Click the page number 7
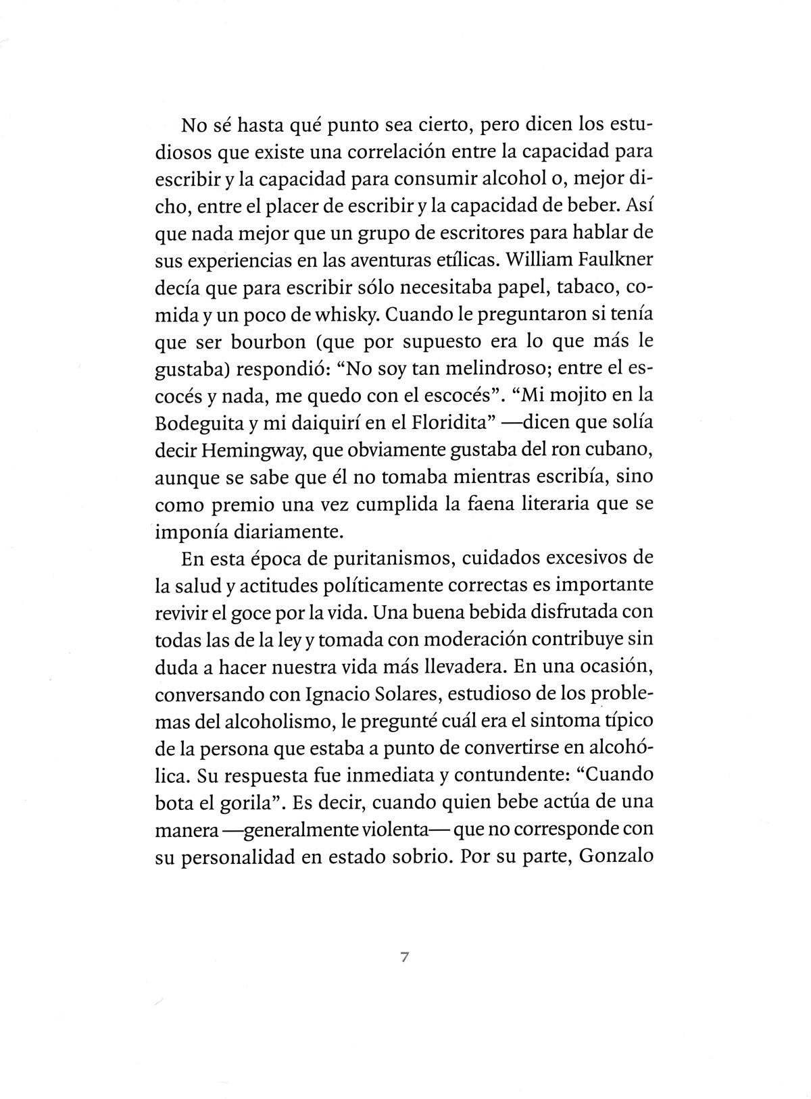click(405, 957)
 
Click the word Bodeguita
click(197, 424)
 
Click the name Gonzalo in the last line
click(616, 857)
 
